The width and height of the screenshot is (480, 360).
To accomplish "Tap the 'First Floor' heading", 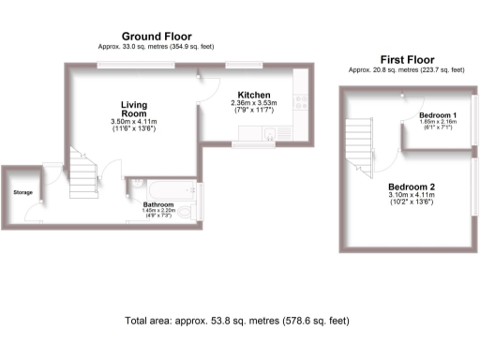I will [406, 58].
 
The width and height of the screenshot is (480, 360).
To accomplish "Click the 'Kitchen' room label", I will [254, 96].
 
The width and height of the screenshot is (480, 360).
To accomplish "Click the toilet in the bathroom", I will [135, 184].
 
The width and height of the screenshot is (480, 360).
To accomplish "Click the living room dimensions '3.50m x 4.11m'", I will [131, 122].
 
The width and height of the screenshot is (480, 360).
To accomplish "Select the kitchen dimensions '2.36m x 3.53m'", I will [254, 105].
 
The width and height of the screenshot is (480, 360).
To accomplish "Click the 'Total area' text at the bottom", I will [237, 321].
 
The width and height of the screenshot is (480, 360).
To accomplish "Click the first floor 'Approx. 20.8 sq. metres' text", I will [406, 69].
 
